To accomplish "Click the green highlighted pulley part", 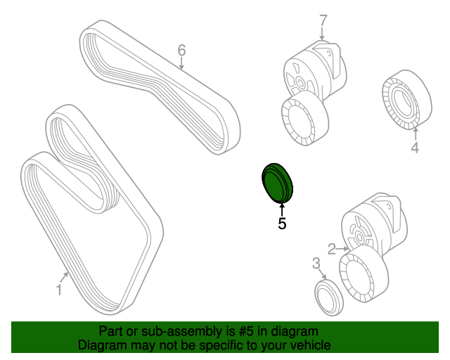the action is [x=277, y=183].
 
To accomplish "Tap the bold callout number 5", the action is [x=282, y=224].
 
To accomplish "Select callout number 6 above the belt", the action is [x=181, y=50].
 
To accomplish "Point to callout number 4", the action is [x=415, y=148].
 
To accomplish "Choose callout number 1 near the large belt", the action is [x=59, y=290].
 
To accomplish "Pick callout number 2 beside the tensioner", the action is [x=331, y=249].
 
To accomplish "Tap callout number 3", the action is [x=316, y=263].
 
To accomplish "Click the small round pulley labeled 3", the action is [x=328, y=298].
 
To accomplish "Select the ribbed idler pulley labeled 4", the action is [x=407, y=100].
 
